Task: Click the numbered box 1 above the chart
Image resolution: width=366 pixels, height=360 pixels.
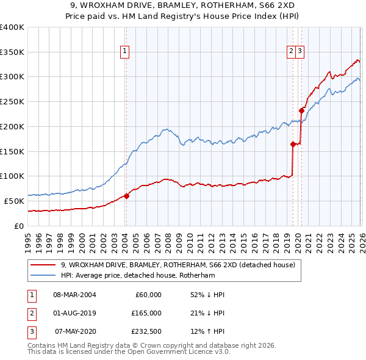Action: pos(124,52)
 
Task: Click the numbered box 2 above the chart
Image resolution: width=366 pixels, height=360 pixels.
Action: pos(292,52)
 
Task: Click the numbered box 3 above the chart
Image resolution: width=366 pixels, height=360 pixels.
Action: pos(301,52)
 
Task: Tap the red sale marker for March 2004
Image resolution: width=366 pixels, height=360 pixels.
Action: pos(126,196)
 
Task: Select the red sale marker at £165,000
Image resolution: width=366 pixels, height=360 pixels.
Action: pos(293,144)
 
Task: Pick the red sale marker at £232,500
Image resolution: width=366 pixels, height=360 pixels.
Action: pos(301,110)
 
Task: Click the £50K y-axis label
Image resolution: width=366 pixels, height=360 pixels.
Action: pos(14,201)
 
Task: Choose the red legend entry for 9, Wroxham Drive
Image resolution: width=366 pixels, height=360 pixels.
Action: pos(178,265)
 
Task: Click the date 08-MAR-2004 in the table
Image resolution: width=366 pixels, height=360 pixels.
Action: pos(74,295)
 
